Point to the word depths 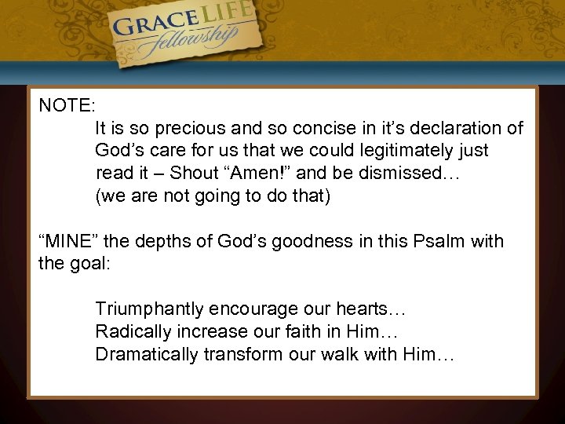[170, 241]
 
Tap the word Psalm [443, 241]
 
